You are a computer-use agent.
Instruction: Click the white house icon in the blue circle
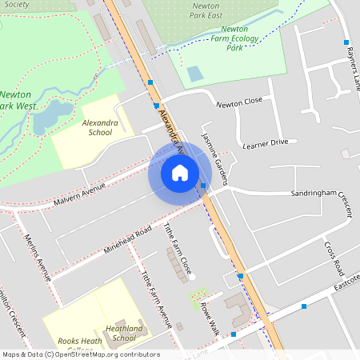[180, 173]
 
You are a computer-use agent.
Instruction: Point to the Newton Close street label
[239, 102]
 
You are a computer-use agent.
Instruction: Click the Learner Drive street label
[265, 142]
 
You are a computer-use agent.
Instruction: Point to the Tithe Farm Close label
[178, 250]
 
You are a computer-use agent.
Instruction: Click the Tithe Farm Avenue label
[157, 300]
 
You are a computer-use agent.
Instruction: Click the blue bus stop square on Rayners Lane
[346, 42]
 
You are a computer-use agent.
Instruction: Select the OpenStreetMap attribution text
[80, 354]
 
